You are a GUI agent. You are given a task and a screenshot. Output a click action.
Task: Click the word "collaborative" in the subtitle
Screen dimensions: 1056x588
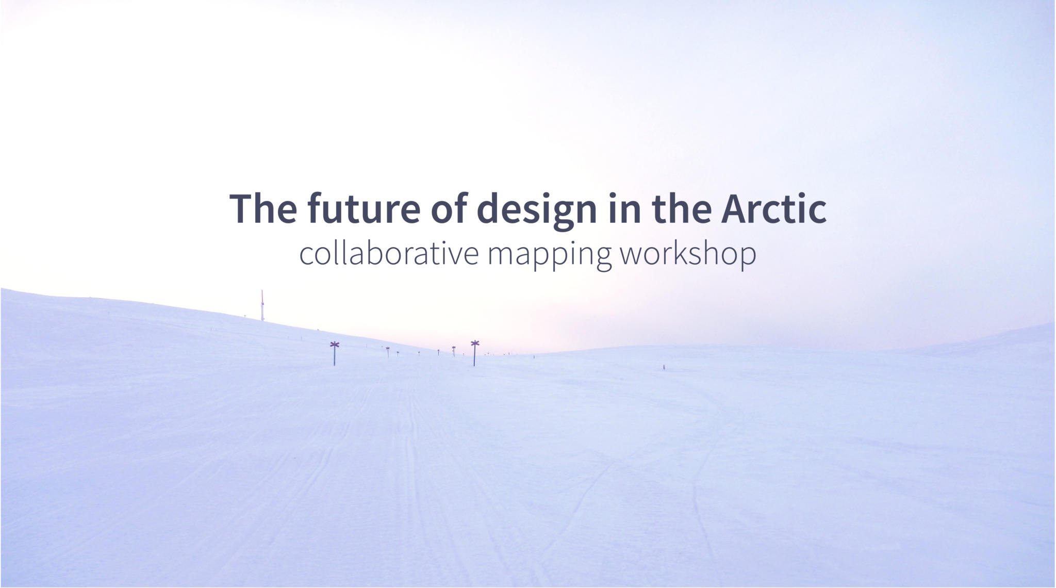pos(389,253)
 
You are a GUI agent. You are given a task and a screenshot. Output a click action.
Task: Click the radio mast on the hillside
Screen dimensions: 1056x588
pos(262,305)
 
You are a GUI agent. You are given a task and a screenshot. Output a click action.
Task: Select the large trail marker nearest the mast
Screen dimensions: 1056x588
pos(335,353)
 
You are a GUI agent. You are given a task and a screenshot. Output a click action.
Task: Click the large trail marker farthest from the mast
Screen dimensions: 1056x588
pos(474,353)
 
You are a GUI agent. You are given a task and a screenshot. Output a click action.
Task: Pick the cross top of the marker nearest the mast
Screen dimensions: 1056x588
pos(335,345)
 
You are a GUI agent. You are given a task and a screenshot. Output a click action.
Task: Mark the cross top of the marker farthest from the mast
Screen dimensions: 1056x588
pos(475,344)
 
